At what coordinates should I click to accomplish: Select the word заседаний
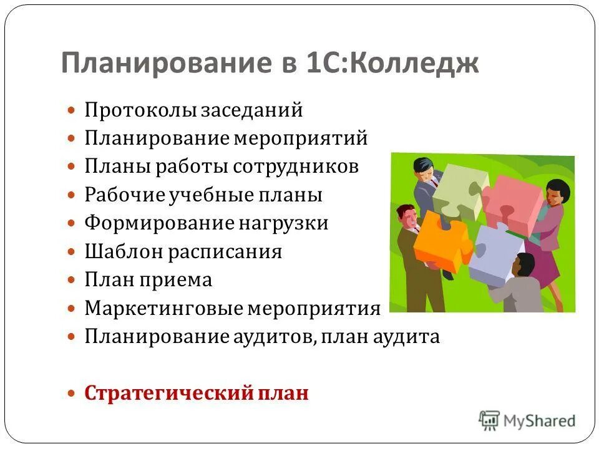point(251,110)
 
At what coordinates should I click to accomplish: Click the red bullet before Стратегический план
point(72,394)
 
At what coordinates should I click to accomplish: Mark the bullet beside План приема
point(72,281)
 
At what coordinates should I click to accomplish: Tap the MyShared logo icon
point(490,420)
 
